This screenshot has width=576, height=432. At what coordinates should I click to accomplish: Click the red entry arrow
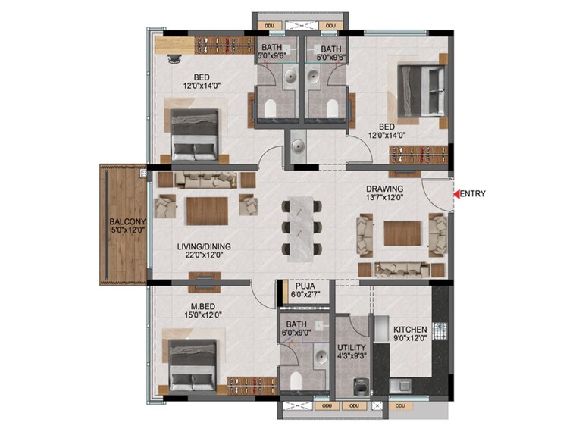(x=456, y=194)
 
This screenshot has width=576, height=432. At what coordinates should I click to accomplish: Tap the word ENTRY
(x=473, y=194)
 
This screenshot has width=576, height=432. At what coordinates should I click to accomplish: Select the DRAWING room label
(x=384, y=189)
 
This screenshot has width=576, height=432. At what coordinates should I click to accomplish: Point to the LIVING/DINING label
(x=204, y=246)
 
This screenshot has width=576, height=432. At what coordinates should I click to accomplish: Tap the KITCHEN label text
(x=410, y=330)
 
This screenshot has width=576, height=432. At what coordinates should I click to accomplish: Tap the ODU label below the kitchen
(x=399, y=407)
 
